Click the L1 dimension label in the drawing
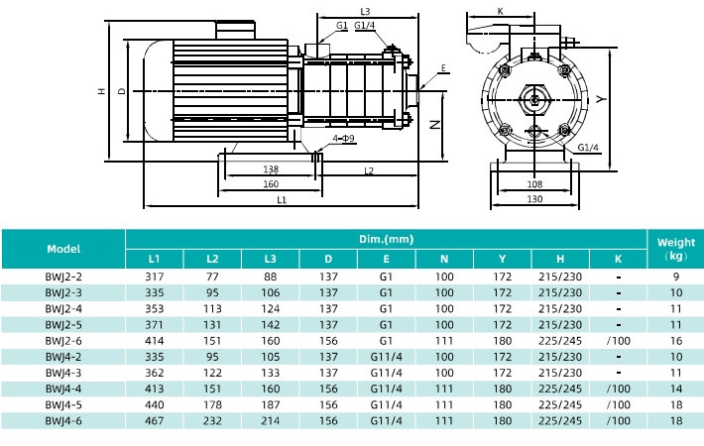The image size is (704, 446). click(x=282, y=200)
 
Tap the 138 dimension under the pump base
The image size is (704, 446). click(x=271, y=169)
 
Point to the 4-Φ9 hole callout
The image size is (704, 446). click(x=343, y=138)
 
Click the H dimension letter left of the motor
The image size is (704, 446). click(x=102, y=91)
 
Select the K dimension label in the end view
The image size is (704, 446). click(x=500, y=12)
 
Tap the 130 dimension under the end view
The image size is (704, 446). click(x=534, y=199)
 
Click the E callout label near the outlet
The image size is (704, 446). click(x=443, y=68)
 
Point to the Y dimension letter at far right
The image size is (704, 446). click(x=601, y=99)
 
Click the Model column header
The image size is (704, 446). click(x=63, y=249)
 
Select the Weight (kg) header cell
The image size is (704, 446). click(x=675, y=249)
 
